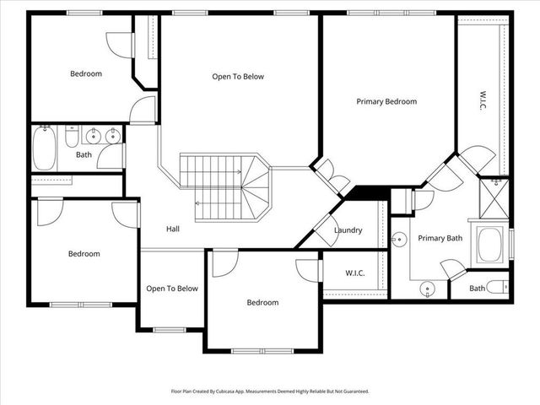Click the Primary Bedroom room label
click(386, 101)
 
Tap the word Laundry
click(348, 230)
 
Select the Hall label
click(172, 229)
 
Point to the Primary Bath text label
click(439, 238)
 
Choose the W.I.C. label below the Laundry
click(354, 273)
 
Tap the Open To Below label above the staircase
click(238, 77)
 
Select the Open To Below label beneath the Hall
click(172, 289)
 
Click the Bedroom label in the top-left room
click(85, 73)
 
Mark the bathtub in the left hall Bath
click(43, 148)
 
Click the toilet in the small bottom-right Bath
click(499, 288)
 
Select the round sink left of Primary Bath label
click(400, 240)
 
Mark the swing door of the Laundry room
click(323, 223)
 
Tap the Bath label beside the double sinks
click(84, 154)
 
